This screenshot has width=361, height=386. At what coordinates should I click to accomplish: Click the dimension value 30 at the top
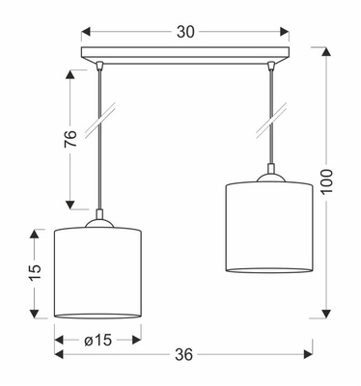pyautogui.click(x=185, y=32)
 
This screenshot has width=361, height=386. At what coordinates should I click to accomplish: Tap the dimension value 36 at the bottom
pyautogui.click(x=184, y=354)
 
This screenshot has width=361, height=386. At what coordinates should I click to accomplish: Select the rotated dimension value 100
pyautogui.click(x=326, y=181)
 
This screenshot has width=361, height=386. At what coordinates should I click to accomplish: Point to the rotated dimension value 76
pyautogui.click(x=70, y=139)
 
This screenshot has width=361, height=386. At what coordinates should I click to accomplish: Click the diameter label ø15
pyautogui.click(x=98, y=340)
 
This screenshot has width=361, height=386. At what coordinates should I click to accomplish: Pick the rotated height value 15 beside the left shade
pyautogui.click(x=36, y=273)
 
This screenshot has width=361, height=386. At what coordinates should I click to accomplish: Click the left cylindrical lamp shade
pyautogui.click(x=97, y=273)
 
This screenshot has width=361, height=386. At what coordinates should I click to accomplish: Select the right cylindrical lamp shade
pyautogui.click(x=269, y=228)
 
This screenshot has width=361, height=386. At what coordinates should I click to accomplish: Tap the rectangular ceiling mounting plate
pyautogui.click(x=185, y=55)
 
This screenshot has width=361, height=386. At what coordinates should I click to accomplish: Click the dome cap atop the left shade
pyautogui.click(x=99, y=223)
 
